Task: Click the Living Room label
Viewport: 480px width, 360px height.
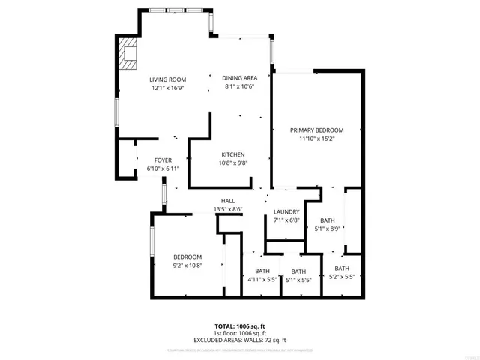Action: pos(167,79)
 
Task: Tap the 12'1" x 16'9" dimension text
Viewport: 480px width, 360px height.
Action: pos(167,88)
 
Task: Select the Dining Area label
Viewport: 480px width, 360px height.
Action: pos(240,77)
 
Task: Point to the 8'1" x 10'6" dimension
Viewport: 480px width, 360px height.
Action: pos(240,86)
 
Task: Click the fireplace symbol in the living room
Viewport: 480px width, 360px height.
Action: pos(127,54)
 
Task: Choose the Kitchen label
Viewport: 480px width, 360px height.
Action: pos(233,154)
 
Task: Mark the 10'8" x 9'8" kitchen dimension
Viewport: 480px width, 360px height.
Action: pos(233,163)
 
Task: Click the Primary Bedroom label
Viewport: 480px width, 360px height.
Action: pos(317,130)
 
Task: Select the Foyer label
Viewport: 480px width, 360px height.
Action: pos(163,160)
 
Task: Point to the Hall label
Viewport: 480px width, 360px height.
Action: pos(228,201)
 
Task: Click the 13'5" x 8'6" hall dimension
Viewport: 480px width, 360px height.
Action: pos(228,209)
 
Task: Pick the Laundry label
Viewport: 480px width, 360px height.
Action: pos(286,212)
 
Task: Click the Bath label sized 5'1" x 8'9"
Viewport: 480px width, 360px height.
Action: pos(328,220)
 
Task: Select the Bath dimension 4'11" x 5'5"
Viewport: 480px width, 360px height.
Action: pos(262,280)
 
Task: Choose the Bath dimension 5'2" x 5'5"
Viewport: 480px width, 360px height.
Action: pos(342,277)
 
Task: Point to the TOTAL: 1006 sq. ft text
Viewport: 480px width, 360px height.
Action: pos(240,326)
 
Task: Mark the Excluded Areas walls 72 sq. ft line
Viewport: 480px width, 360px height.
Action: pos(240,340)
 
